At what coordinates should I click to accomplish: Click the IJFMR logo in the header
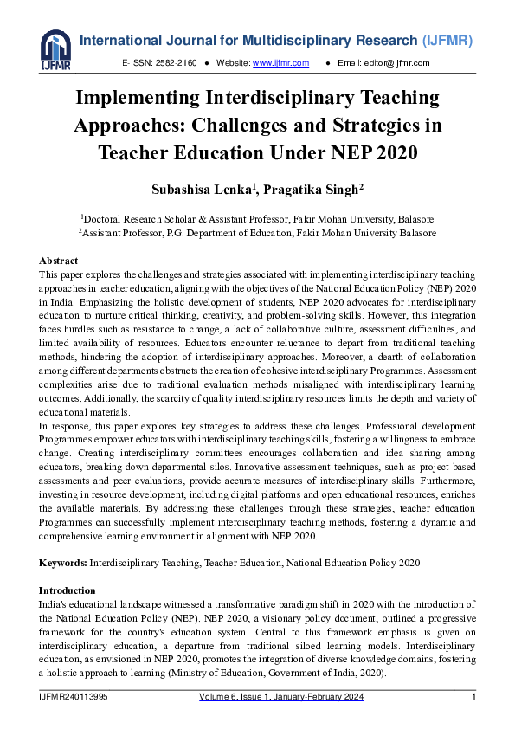[x=55, y=48]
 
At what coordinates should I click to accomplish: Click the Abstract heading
[x=59, y=261]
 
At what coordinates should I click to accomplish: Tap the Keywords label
[x=63, y=563]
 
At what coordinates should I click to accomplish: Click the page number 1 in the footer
[x=473, y=698]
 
